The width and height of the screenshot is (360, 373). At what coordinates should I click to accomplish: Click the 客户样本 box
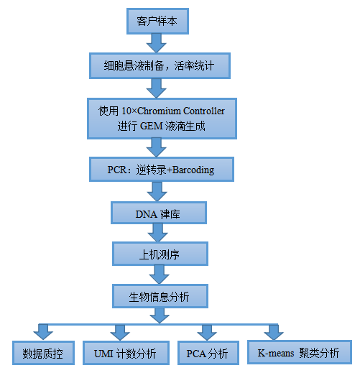[157, 21]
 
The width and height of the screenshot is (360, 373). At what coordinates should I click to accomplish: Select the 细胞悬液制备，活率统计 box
[160, 65]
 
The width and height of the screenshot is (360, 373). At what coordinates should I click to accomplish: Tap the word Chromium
[159, 111]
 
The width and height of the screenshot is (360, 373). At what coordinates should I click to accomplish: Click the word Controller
[204, 111]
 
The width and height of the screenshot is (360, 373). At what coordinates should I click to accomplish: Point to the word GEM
[151, 126]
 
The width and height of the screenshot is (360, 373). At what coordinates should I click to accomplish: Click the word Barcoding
[193, 170]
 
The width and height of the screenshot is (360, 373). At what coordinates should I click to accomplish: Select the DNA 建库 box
[159, 213]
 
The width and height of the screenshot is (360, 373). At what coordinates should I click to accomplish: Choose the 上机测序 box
[160, 254]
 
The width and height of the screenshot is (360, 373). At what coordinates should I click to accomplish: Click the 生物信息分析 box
[160, 296]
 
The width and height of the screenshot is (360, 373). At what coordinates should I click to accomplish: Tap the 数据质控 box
[43, 353]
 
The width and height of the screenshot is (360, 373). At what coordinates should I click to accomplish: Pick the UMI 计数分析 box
[126, 353]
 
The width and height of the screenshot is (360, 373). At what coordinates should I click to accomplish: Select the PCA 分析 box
[208, 353]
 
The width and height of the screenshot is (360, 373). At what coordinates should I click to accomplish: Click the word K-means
[276, 353]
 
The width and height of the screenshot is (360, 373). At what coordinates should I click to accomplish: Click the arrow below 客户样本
[157, 43]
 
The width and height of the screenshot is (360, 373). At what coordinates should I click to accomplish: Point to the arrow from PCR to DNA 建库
[157, 192]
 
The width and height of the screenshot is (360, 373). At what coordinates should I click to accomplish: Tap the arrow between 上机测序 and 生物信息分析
[160, 275]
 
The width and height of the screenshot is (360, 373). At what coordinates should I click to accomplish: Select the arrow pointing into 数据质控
[43, 332]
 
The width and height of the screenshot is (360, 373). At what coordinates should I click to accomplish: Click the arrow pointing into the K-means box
[274, 332]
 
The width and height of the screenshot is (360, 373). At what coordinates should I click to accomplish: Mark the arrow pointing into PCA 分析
[207, 333]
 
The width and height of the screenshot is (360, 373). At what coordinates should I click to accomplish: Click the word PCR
[117, 170]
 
